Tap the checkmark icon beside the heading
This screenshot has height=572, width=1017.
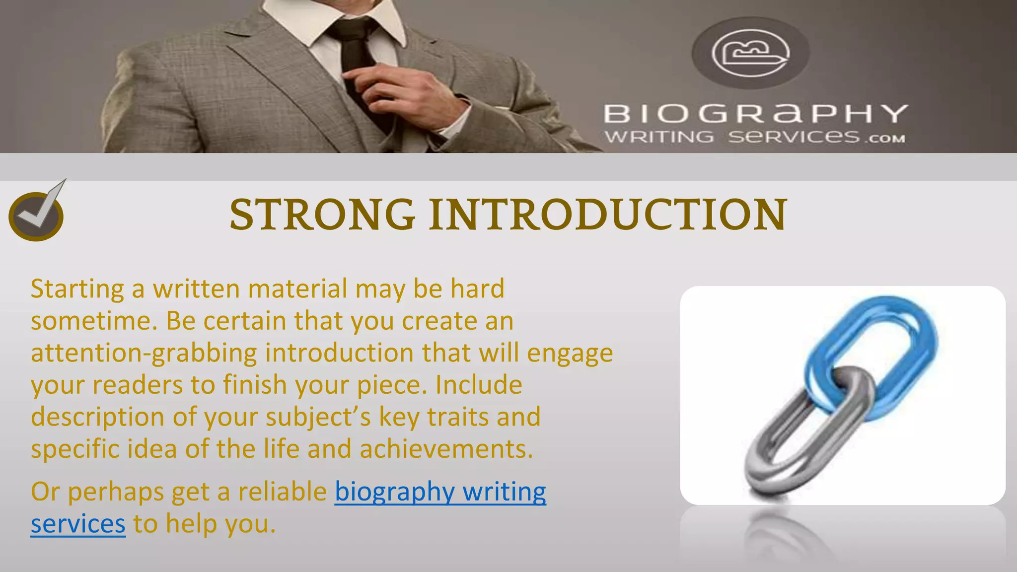pyautogui.click(x=37, y=214)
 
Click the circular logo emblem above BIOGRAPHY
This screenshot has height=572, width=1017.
pyautogui.click(x=750, y=53)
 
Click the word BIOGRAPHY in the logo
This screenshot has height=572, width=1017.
pyautogui.click(x=755, y=114)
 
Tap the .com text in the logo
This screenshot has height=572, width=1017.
pyautogui.click(x=886, y=139)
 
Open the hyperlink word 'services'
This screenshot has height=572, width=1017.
pyautogui.click(x=78, y=524)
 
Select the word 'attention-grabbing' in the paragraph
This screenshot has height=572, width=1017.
pyautogui.click(x=144, y=353)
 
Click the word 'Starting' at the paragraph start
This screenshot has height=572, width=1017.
pyautogui.click(x=77, y=289)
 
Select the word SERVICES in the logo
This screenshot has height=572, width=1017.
pyautogui.click(x=794, y=137)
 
